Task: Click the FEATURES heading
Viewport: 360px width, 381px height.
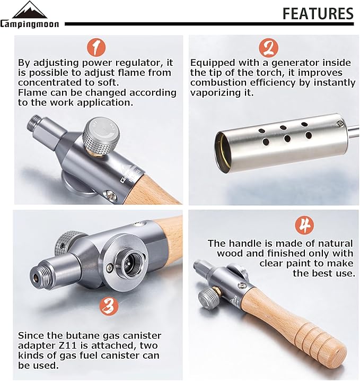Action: [318, 13]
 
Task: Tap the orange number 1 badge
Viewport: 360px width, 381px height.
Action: [96, 48]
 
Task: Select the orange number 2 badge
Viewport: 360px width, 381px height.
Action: [268, 48]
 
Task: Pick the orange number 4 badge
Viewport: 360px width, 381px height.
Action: [304, 225]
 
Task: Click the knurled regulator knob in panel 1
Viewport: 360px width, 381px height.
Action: [101, 136]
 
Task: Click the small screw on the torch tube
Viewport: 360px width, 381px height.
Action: [339, 124]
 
